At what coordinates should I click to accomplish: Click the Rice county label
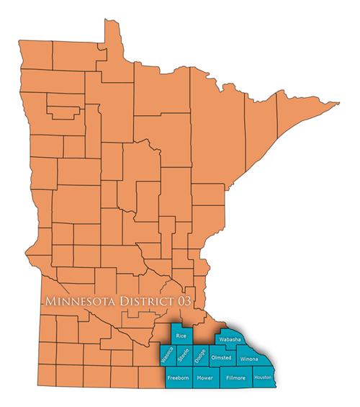coord(181,336)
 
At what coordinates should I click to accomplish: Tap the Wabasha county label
coord(230,339)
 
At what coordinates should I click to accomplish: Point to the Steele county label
coord(183,355)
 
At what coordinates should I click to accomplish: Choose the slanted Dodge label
coord(200,355)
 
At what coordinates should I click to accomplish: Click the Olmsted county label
coord(220,358)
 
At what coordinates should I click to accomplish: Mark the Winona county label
coord(249,359)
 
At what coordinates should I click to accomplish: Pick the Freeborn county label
coord(178,377)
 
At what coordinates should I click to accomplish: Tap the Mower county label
coord(204,377)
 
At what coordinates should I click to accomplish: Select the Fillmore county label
coord(236,377)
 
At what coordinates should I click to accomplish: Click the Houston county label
coord(263,377)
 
